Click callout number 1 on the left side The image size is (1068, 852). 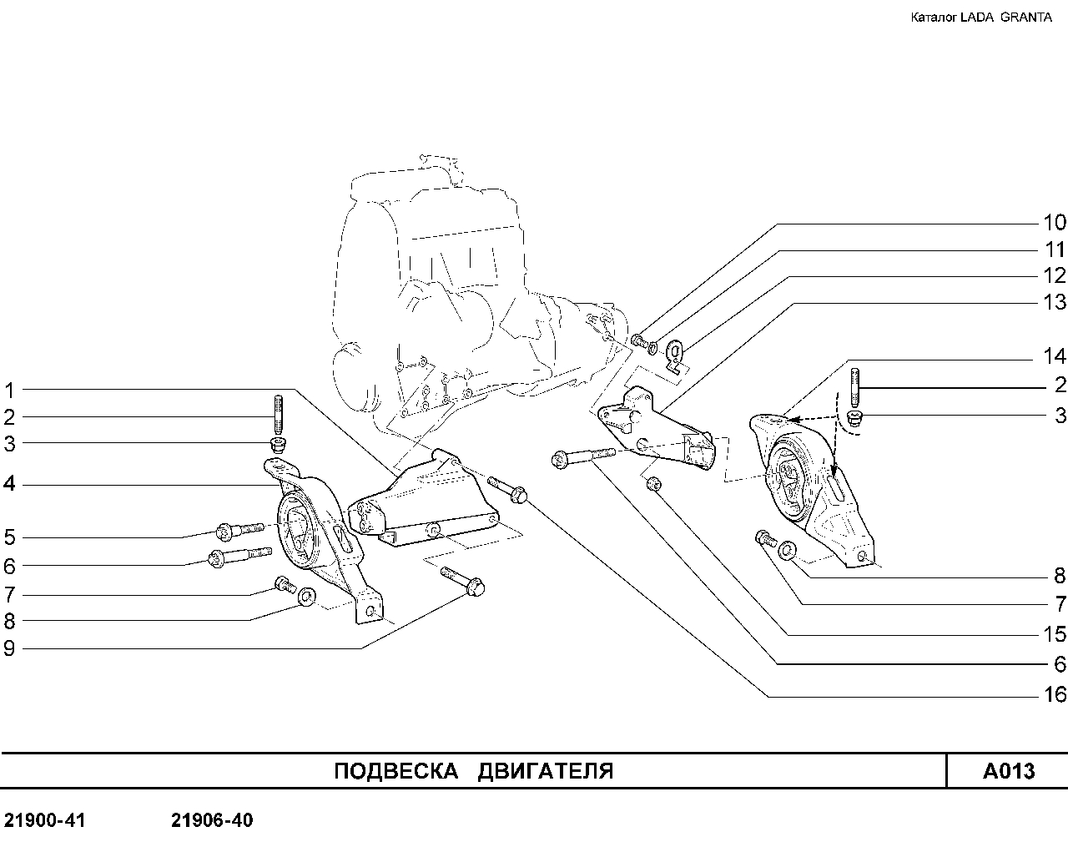point(9,391)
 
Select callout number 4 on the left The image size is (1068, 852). point(9,483)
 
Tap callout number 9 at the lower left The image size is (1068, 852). point(9,648)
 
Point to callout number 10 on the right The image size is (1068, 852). point(1054,223)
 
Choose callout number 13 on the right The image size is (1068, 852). point(1054,302)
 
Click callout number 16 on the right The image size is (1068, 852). point(1054,694)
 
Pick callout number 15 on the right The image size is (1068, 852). point(1054,634)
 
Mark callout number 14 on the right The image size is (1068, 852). point(1054,356)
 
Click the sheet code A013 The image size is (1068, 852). point(1009,771)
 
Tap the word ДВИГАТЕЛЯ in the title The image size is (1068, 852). point(546,772)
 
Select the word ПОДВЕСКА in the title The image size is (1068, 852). point(396,771)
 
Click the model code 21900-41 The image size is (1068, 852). point(45,820)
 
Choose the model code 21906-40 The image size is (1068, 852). point(212,820)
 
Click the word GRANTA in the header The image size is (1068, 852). point(1025,18)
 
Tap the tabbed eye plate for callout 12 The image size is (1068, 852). point(676,355)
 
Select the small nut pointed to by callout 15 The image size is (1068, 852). point(653,483)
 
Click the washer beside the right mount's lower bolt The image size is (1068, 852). point(787,551)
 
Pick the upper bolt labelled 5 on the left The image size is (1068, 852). point(240,530)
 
